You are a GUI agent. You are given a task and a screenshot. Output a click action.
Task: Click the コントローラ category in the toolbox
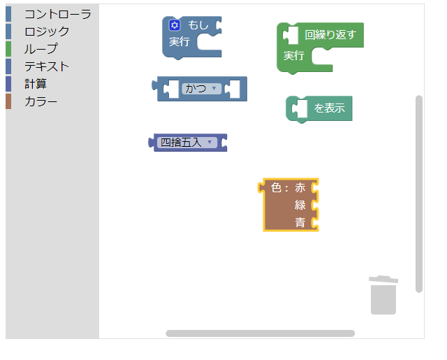click(x=58, y=14)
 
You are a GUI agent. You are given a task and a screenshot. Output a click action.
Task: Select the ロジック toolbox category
click(x=47, y=31)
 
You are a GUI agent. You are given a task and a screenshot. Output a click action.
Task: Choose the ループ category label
click(x=41, y=49)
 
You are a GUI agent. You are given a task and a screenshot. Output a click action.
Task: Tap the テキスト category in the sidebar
click(x=47, y=66)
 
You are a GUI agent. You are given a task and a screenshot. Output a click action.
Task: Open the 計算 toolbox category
click(x=36, y=84)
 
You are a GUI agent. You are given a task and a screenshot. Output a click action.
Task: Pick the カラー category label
click(x=41, y=101)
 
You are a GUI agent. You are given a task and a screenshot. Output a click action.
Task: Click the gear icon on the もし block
click(x=175, y=25)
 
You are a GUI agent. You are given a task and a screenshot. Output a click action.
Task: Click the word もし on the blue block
click(x=198, y=25)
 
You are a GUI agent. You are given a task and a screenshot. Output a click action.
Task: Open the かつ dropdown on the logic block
click(x=201, y=89)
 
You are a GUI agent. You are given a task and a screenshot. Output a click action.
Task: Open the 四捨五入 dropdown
click(x=186, y=143)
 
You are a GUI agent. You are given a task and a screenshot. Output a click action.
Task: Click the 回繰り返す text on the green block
click(x=330, y=35)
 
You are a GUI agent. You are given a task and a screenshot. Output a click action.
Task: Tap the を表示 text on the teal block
click(x=330, y=108)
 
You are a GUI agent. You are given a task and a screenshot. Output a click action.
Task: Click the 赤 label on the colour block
click(x=300, y=188)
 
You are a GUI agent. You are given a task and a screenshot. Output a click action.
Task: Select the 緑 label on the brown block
click(x=300, y=205)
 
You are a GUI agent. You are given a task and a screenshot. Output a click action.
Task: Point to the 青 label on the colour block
click(x=300, y=222)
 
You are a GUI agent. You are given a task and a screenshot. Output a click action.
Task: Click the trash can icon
click(x=383, y=295)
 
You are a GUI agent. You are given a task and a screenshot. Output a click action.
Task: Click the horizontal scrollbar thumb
click(x=261, y=333)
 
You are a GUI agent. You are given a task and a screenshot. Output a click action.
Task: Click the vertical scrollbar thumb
click(x=419, y=194)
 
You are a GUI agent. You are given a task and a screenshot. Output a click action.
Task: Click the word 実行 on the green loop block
click(x=294, y=56)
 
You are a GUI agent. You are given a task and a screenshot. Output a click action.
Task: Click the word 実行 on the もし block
click(x=179, y=42)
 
